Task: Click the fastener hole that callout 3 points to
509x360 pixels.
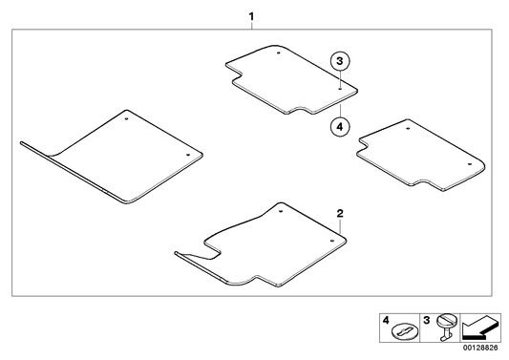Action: (x=338, y=86)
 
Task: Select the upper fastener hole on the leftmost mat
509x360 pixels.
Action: (x=127, y=119)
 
